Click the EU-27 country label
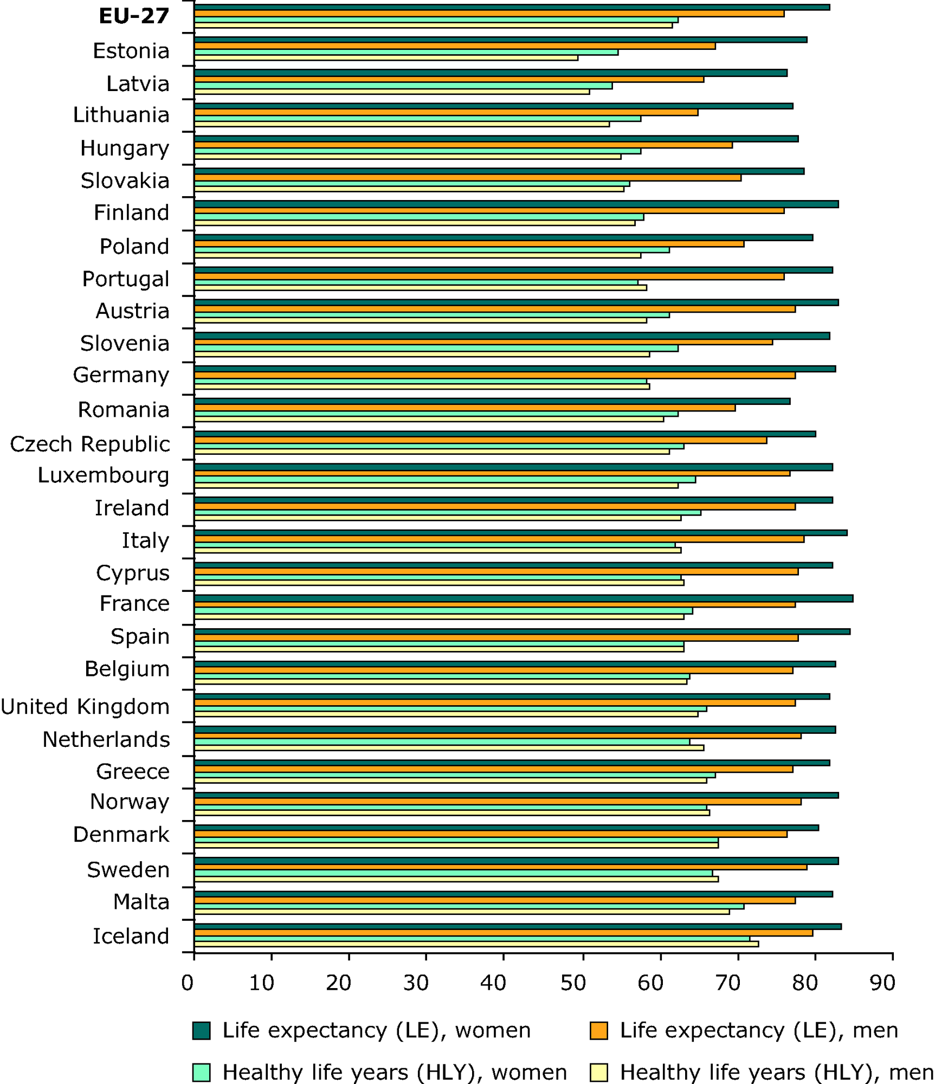[x=133, y=16]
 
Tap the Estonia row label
[x=131, y=51]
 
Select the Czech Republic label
[x=90, y=444]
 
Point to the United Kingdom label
[x=85, y=707]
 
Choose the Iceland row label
[x=131, y=936]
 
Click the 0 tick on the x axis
[x=188, y=982]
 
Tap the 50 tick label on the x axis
[x=573, y=982]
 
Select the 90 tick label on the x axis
[x=882, y=982]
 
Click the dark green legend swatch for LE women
[x=201, y=1030]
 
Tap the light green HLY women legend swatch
[x=201, y=1073]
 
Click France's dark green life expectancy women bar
[x=523, y=598]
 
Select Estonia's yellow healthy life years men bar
[x=386, y=58]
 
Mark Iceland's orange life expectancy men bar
[x=503, y=933]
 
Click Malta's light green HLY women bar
[x=469, y=906]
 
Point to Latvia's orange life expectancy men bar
[x=449, y=79]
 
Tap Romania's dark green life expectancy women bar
[x=492, y=401]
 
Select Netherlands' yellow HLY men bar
[x=449, y=748]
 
